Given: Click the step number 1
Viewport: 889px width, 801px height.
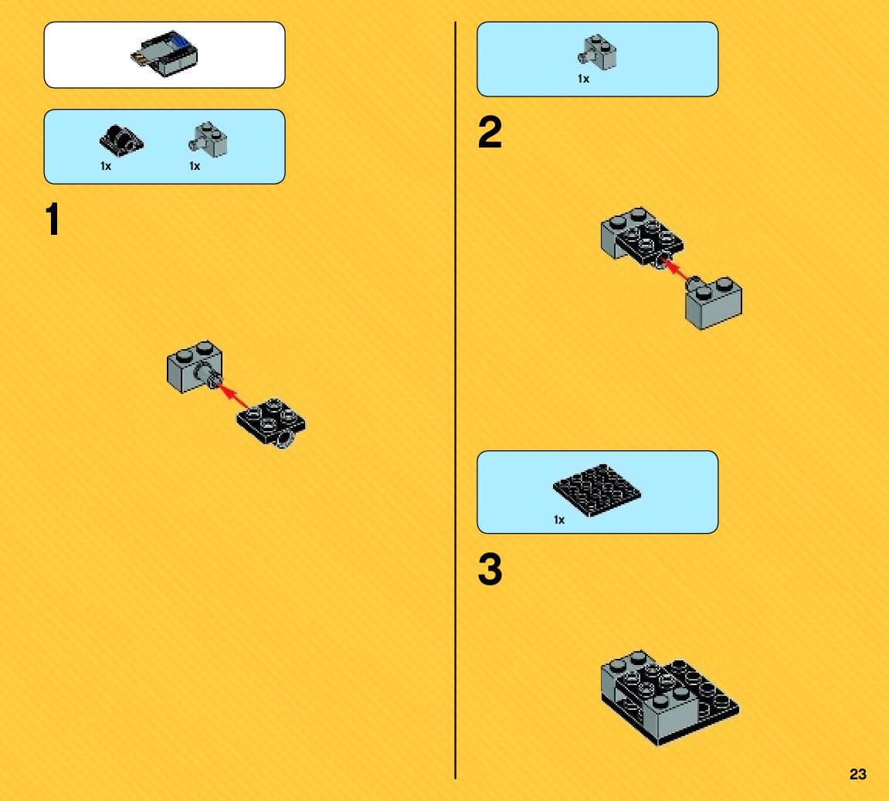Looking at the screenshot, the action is [53, 220].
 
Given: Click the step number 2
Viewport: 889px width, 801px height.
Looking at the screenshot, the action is [490, 133].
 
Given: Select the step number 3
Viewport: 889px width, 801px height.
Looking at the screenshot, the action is [490, 570].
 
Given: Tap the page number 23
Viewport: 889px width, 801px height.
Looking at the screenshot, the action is [857, 774].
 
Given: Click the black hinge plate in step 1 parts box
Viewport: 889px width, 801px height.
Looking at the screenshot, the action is [121, 139].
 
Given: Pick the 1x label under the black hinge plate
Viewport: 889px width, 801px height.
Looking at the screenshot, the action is [106, 166].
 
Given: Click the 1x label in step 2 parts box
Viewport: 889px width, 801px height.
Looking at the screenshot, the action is [583, 79].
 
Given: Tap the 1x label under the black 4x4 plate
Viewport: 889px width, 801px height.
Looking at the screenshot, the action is [559, 520].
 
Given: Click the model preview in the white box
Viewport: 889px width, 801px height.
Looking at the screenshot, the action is [164, 54].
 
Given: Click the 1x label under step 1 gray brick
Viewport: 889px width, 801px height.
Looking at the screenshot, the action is [195, 166].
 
